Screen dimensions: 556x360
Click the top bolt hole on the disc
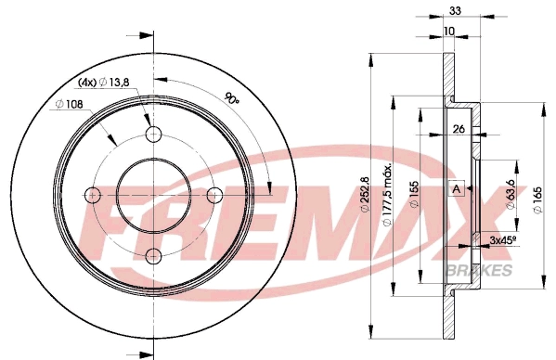pos(153,134)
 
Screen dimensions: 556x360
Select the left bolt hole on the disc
pos(93,195)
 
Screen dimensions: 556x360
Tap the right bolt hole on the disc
pos(214,195)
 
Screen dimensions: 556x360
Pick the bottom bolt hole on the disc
pos(153,255)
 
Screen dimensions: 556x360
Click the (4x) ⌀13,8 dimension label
pos(103,83)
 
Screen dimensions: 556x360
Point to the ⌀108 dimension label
pos(69,104)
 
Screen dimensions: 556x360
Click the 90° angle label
pos(232,98)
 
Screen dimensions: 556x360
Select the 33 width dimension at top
pos(455,10)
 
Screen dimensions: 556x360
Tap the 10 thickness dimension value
pos(449,32)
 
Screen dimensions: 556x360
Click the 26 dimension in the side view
pos(459,129)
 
